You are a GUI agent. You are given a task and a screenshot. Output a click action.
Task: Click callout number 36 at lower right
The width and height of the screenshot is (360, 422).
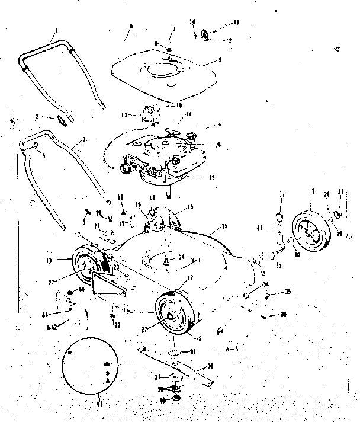click(x=284, y=315)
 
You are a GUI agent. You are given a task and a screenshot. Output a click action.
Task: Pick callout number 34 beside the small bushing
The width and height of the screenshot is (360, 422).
click(x=266, y=285)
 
